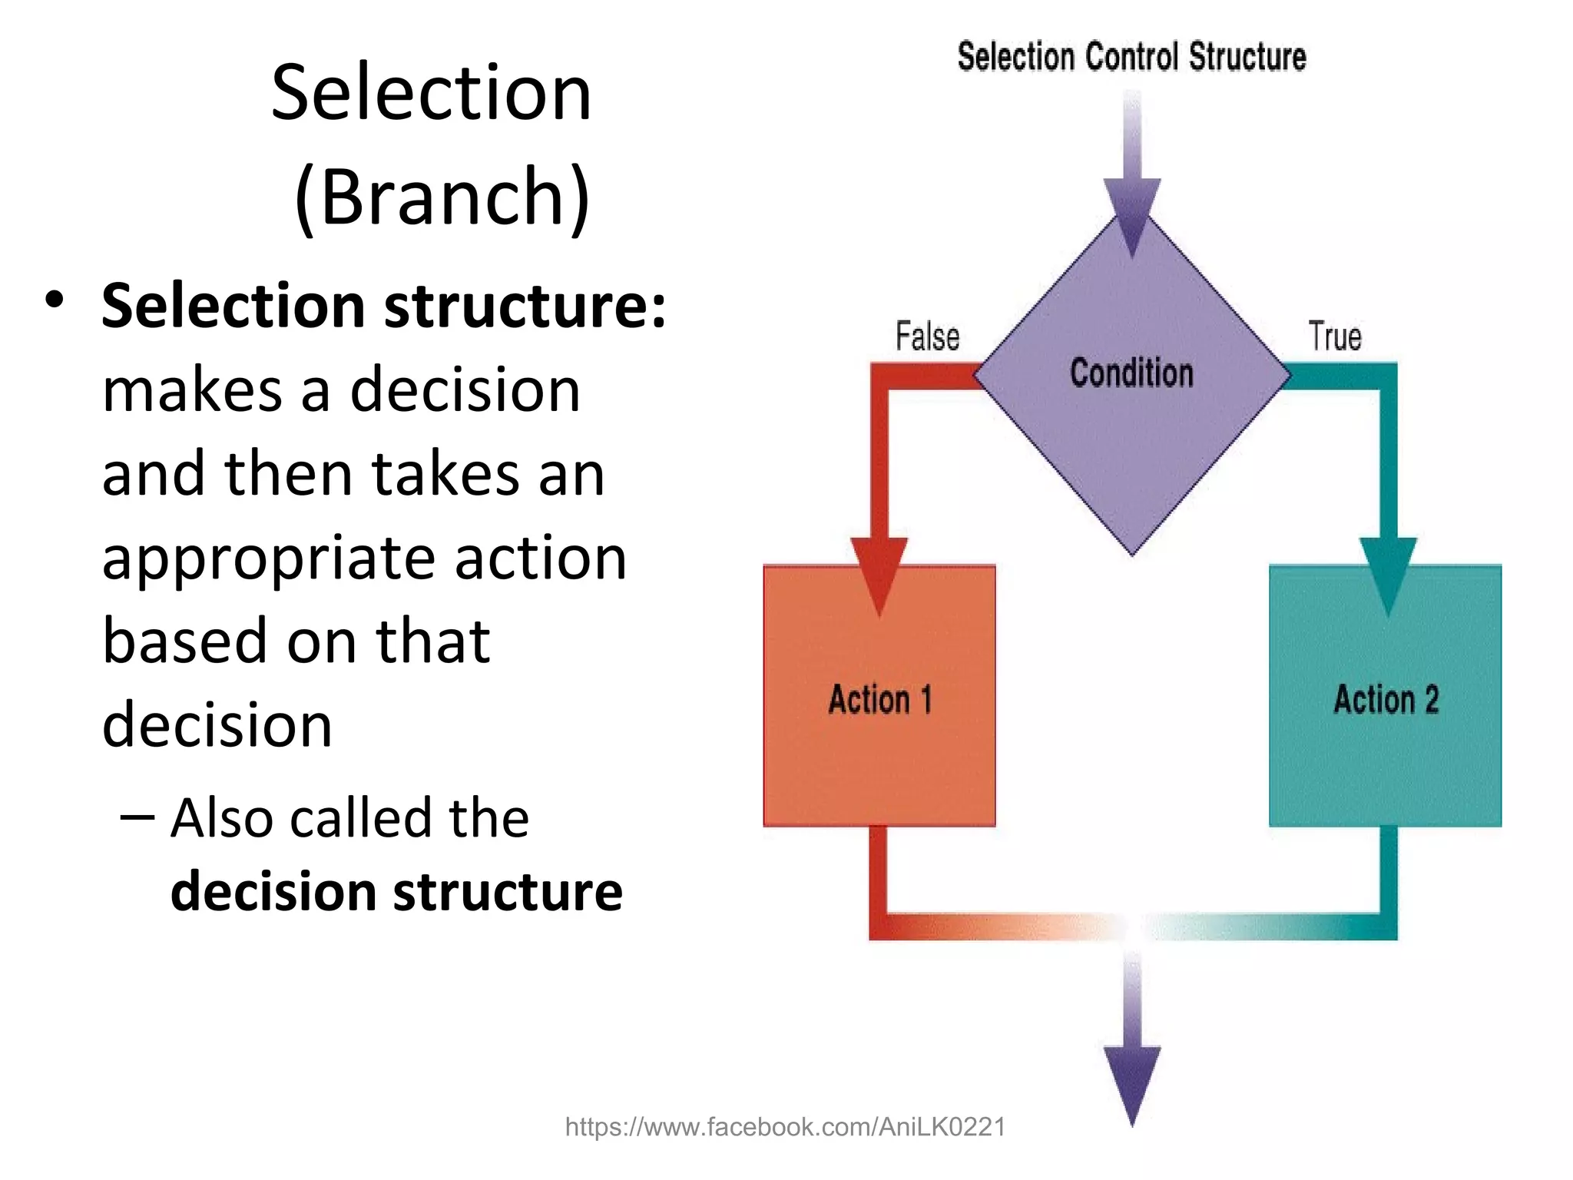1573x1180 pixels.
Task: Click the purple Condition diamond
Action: point(1132,430)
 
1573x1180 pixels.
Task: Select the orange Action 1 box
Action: point(879,737)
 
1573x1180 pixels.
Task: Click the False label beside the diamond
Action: point(927,336)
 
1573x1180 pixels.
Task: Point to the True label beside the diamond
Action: point(1335,336)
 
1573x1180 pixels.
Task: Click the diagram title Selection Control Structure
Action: point(1131,57)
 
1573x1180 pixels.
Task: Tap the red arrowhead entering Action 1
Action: point(879,572)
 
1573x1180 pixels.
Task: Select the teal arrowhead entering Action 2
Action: point(1388,572)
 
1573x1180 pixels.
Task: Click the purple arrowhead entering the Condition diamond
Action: point(1132,211)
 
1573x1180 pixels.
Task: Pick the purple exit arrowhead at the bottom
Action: point(1132,1079)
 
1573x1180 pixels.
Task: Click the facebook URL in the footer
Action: point(785,1127)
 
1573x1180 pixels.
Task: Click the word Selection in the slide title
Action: point(431,93)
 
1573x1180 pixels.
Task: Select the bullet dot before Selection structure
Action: point(54,300)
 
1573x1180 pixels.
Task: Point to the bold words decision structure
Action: point(396,892)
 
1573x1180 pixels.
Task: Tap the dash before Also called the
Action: point(137,817)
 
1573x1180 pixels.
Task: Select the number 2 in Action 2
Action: point(1431,700)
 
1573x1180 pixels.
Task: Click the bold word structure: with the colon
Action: point(525,306)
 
